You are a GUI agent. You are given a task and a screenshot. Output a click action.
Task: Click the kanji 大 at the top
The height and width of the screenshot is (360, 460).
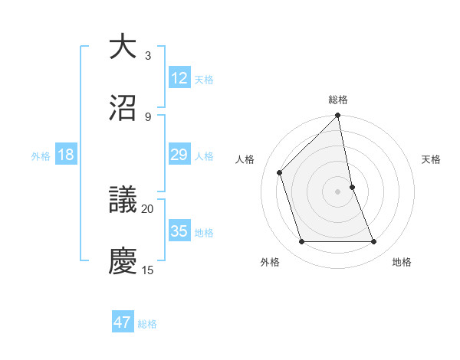click(123, 47)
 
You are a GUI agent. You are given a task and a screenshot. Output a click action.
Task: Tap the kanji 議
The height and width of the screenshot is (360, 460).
click(123, 201)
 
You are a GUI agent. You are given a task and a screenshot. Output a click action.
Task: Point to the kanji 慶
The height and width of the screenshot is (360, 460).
click(123, 261)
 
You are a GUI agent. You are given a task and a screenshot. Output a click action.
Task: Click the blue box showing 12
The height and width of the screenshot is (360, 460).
click(179, 78)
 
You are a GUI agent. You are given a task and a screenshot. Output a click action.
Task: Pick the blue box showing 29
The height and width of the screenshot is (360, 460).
click(179, 155)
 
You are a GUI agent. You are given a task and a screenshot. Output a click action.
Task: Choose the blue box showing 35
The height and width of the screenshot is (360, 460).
click(179, 231)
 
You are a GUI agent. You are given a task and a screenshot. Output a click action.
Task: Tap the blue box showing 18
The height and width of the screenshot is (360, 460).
click(66, 155)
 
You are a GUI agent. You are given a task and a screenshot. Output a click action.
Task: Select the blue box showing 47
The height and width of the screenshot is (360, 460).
click(123, 322)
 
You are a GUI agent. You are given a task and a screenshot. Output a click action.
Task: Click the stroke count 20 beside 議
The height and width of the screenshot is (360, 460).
click(148, 208)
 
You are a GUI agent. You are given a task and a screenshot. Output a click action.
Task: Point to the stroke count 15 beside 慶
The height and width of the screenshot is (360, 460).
click(148, 270)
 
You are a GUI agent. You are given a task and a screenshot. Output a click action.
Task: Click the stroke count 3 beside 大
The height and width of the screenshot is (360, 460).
click(148, 56)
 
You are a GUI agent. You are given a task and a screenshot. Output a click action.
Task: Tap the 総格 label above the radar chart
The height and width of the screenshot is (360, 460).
click(338, 100)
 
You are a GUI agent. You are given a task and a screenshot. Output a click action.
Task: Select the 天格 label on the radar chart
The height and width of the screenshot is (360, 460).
click(432, 159)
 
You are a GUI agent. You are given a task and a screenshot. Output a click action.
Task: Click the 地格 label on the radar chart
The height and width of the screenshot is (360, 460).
click(402, 262)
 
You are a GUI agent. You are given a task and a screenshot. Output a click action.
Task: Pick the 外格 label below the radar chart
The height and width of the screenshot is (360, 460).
click(270, 262)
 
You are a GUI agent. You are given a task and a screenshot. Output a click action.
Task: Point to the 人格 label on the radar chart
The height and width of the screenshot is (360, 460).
click(245, 159)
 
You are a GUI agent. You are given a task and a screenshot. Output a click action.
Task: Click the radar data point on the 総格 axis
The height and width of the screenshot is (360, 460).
click(338, 116)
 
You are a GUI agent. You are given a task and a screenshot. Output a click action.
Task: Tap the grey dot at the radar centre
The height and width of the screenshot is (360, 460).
click(338, 191)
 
